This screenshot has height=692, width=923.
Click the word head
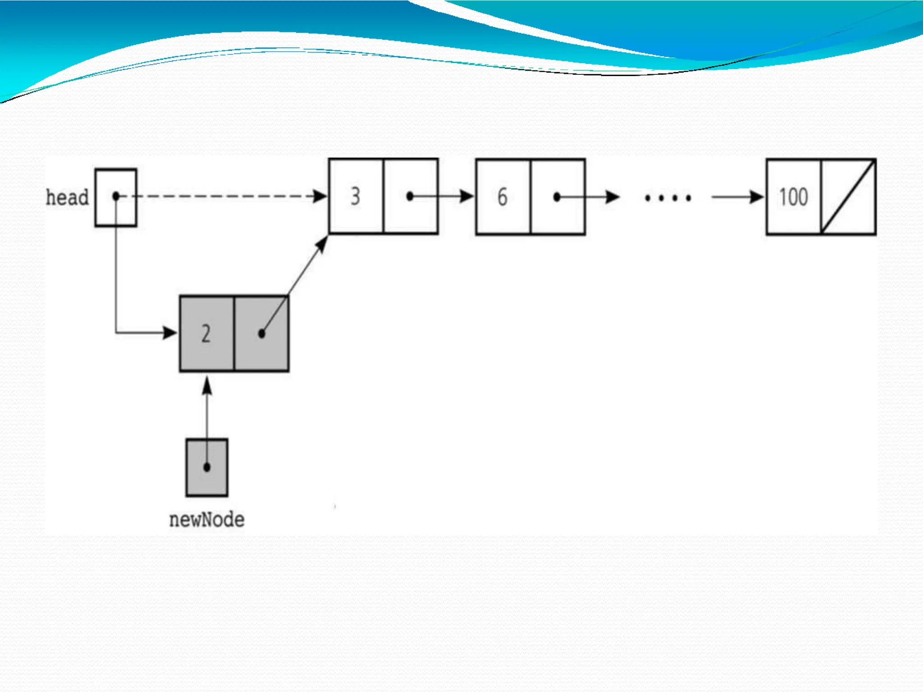tap(67, 197)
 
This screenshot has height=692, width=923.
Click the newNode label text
tap(207, 520)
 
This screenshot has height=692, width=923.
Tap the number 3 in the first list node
tap(356, 196)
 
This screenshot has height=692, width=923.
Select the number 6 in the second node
tap(503, 197)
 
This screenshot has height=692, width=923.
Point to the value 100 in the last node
tap(794, 197)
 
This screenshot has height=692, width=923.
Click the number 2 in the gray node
tap(206, 334)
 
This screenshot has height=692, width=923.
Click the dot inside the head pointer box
tap(116, 196)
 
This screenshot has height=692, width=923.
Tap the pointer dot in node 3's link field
tap(410, 196)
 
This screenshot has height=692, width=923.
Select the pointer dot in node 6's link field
tap(557, 197)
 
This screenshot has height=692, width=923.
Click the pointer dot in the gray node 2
tap(261, 334)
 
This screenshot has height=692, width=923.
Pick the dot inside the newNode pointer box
tap(207, 467)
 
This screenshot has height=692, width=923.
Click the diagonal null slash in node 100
tap(848, 197)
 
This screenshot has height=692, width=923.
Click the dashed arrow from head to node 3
tap(225, 196)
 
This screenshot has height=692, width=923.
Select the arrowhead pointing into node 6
tap(467, 196)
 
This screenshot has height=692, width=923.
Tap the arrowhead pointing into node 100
tap(757, 197)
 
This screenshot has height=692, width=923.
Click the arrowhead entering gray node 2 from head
tap(170, 333)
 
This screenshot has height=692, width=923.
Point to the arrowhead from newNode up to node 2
tap(207, 386)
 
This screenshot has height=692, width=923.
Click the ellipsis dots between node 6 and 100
tap(668, 198)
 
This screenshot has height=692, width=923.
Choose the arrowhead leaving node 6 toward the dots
tap(612, 197)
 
